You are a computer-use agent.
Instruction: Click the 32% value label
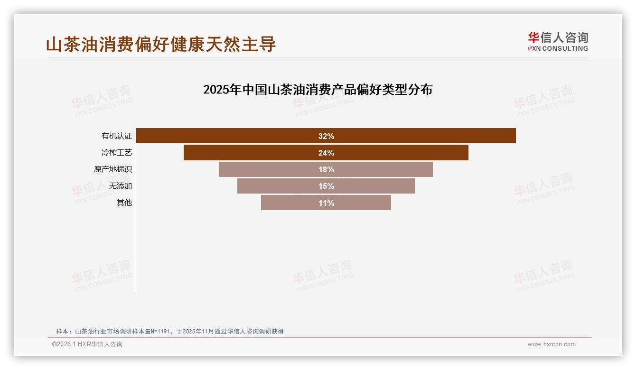(x=326, y=136)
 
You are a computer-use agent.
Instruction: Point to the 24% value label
(x=326, y=153)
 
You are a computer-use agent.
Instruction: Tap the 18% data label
(x=326, y=169)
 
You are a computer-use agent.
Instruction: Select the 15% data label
(x=326, y=186)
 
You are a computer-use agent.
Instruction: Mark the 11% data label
(x=326, y=203)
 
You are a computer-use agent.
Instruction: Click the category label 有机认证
(x=117, y=136)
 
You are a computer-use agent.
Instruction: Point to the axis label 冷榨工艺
(x=117, y=153)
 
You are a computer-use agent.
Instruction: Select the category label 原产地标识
(x=113, y=169)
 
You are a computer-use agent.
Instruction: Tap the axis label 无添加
(x=121, y=186)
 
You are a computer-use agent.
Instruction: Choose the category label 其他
(x=124, y=203)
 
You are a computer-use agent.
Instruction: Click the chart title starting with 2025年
(x=318, y=89)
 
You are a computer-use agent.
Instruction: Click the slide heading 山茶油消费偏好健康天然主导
(x=161, y=44)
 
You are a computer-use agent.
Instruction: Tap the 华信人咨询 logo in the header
(x=558, y=41)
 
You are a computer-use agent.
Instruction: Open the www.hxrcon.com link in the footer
(x=552, y=344)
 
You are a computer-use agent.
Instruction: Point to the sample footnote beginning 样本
(x=169, y=331)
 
